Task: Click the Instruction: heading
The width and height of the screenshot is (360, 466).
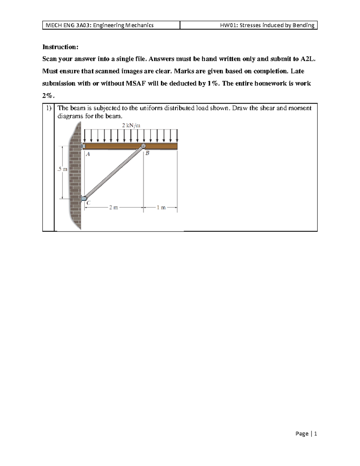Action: pyautogui.click(x=60, y=47)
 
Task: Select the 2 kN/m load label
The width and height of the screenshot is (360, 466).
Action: pyautogui.click(x=131, y=125)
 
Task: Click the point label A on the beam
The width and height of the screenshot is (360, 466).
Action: pyautogui.click(x=88, y=154)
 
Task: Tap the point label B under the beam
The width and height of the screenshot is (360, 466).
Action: pyautogui.click(x=147, y=153)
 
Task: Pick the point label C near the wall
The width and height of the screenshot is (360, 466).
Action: pyautogui.click(x=88, y=203)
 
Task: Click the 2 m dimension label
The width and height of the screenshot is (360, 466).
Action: pyautogui.click(x=113, y=207)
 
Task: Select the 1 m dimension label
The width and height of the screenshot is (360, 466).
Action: pyautogui.click(x=161, y=207)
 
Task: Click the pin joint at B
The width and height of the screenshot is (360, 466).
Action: pyautogui.click(x=143, y=146)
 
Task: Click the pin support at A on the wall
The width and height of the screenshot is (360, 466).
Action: pyautogui.click(x=83, y=146)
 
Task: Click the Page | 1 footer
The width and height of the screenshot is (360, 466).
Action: pyautogui.click(x=306, y=434)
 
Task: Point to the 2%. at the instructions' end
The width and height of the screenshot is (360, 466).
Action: pyautogui.click(x=48, y=96)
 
